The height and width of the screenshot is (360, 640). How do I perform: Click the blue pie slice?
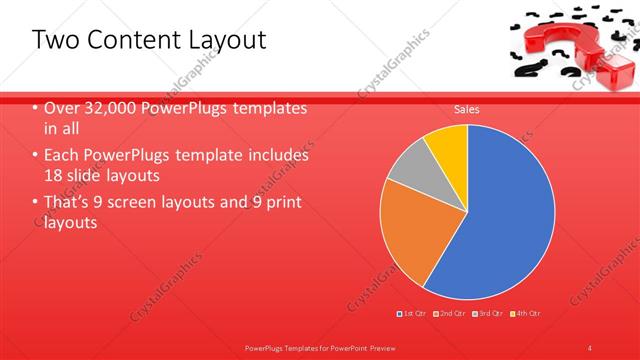[500, 220]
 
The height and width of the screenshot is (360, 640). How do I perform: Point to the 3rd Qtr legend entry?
[490, 313]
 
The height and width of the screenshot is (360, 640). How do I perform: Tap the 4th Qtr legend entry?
[527, 313]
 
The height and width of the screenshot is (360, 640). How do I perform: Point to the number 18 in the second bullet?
[53, 175]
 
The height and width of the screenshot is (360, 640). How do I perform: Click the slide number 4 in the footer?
[590, 346]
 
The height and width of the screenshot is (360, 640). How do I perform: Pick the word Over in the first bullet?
[61, 108]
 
